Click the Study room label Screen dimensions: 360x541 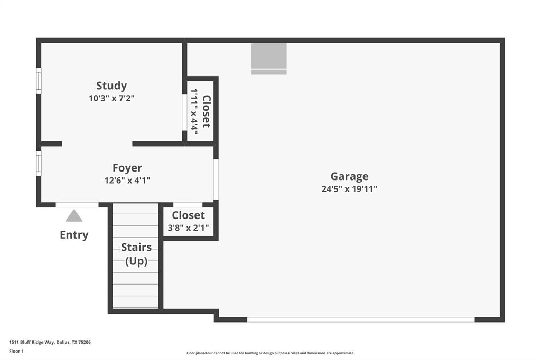[111, 86]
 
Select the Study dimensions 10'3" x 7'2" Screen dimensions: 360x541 [111, 98]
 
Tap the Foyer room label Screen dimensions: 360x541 [127, 168]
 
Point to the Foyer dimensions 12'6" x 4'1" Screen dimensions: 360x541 [127, 180]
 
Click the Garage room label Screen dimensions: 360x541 [349, 176]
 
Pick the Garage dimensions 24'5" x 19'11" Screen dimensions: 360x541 [349, 188]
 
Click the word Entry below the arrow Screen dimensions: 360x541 [74, 235]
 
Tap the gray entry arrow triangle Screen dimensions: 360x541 [74, 216]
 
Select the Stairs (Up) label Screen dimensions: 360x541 [136, 254]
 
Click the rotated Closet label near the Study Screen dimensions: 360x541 [207, 111]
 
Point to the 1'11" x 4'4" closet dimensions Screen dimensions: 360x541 [194, 111]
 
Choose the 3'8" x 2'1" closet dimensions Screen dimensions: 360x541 [188, 228]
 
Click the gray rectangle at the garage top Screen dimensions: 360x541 [269, 58]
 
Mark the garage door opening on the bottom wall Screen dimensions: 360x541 [361, 319]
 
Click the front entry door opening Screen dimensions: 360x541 [77, 205]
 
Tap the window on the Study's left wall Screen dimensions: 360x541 [39, 81]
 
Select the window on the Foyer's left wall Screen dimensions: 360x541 [39, 163]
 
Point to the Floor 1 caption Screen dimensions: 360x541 [17, 351]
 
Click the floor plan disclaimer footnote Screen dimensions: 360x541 [270, 353]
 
